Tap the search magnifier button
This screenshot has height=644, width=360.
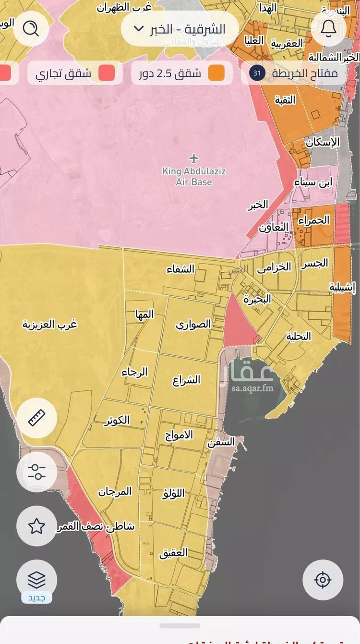click(31, 29)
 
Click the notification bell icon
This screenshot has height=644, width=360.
click(328, 29)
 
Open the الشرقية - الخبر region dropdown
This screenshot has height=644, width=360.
click(180, 29)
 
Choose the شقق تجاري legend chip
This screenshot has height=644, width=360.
click(74, 73)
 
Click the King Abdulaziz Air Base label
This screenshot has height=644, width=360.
click(194, 176)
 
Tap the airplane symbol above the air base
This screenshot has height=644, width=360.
click(194, 158)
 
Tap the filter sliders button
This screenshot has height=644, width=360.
click(36, 472)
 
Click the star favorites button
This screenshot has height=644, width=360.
click(36, 526)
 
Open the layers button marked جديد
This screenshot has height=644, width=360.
click(36, 581)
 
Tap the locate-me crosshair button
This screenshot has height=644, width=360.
click(323, 580)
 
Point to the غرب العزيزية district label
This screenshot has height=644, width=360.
click(50, 324)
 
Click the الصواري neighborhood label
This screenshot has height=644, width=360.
click(193, 324)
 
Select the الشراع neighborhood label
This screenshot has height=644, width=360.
click(186, 380)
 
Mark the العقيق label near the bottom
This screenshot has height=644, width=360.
click(173, 553)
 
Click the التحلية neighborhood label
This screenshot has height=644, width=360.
click(299, 336)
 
